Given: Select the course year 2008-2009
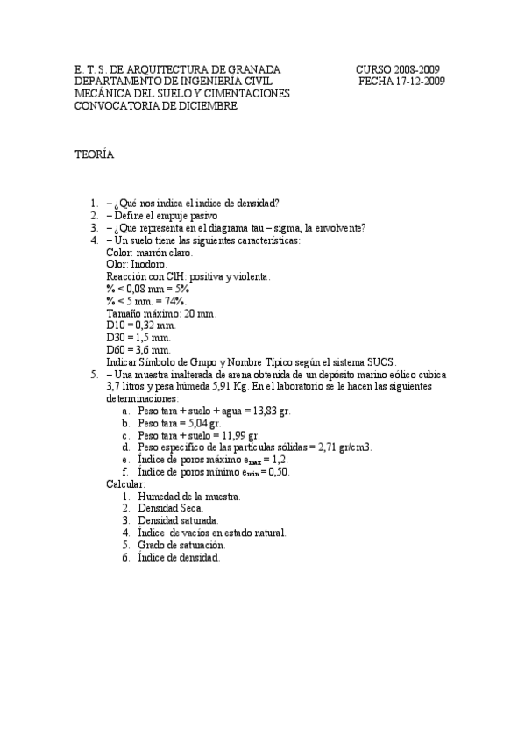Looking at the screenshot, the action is coord(412,69).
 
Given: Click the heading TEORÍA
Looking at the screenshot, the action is coord(93,154).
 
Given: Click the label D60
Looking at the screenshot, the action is coord(117,349).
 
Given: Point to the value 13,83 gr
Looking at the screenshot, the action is coord(273,411).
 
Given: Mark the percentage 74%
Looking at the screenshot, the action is coord(172,301).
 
